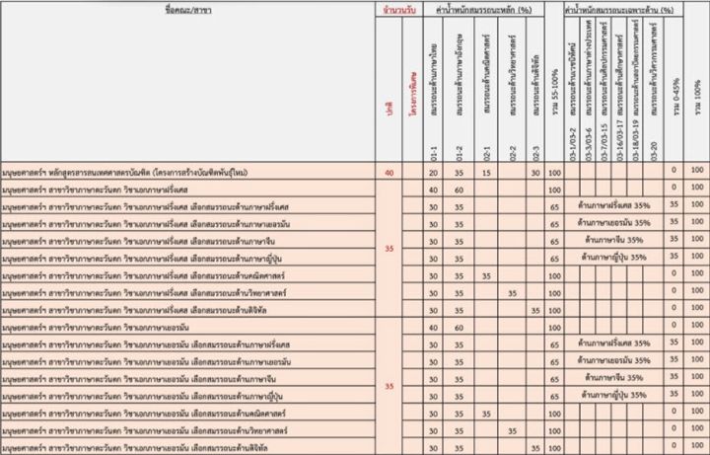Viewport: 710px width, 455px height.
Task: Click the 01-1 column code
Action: [x=434, y=154]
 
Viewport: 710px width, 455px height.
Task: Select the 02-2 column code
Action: [x=511, y=154]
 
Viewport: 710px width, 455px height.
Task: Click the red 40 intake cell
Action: [x=390, y=173]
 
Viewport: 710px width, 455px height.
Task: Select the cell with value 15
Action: [x=486, y=173]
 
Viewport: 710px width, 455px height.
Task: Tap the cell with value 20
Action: [x=434, y=173]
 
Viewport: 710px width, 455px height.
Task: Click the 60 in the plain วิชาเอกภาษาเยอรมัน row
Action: [x=460, y=326]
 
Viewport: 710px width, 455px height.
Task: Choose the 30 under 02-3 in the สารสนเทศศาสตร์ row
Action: [x=534, y=173]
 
